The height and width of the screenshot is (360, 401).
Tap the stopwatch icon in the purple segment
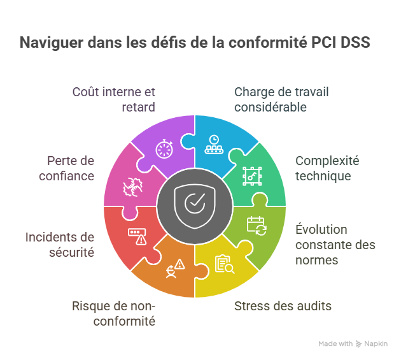[x=164, y=148]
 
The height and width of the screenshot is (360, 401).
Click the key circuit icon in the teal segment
[x=252, y=175]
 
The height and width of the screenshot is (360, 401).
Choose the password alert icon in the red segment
[x=137, y=236]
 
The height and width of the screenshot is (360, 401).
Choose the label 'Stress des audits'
[x=283, y=306]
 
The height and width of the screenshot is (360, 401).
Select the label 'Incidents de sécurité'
[x=60, y=245]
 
